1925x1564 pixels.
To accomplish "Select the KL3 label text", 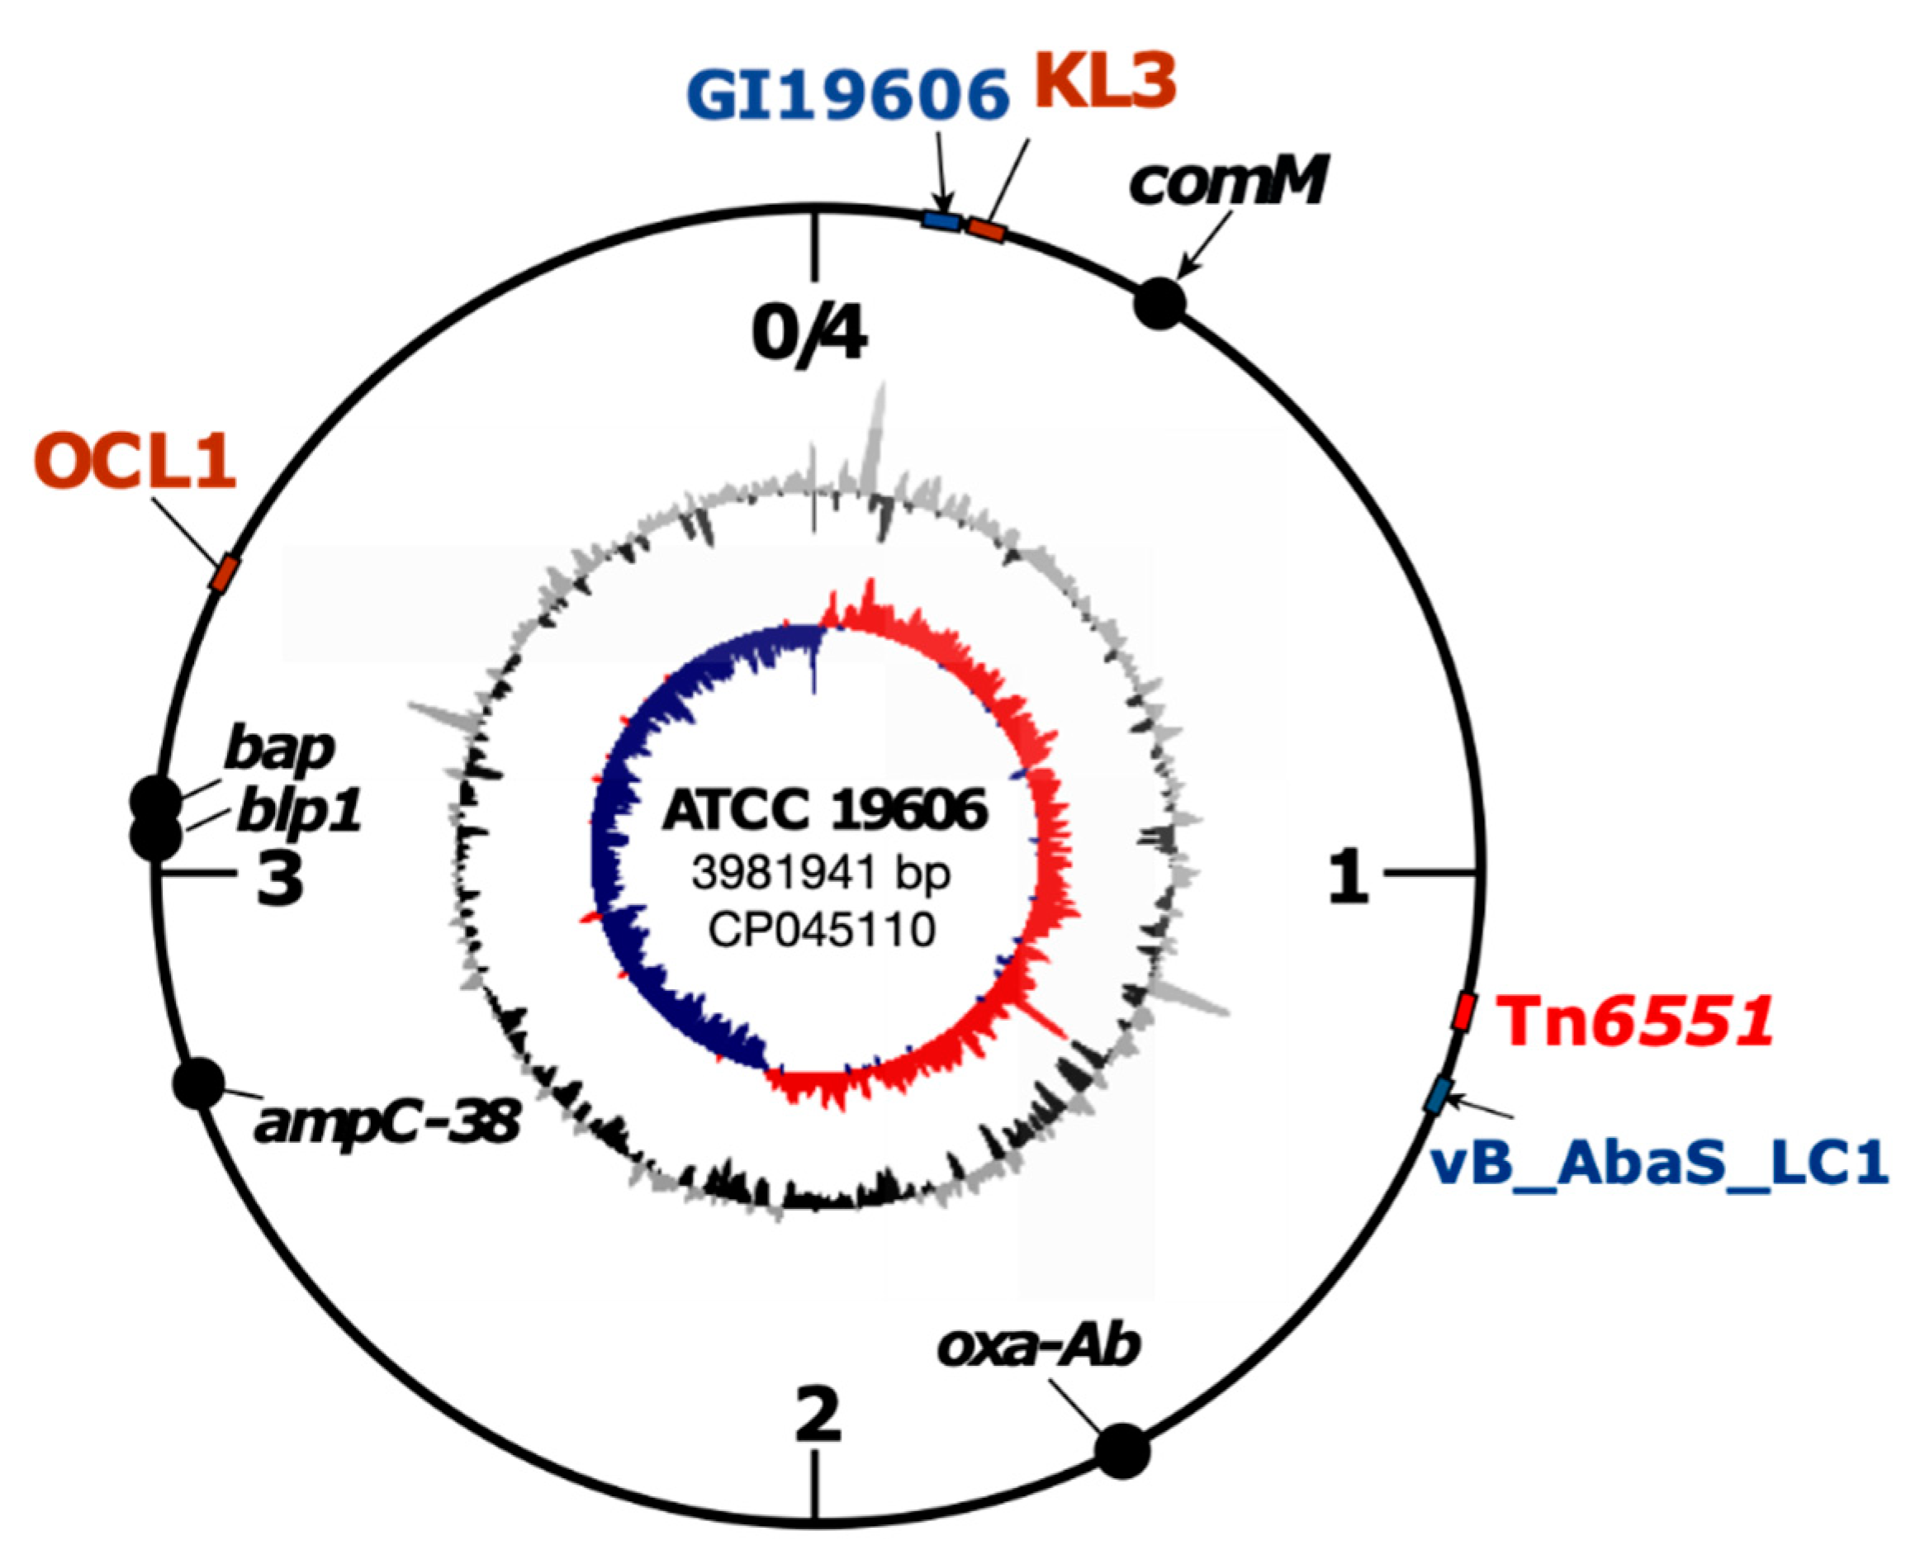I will tap(1104, 81).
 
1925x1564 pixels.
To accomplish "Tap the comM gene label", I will tap(1227, 180).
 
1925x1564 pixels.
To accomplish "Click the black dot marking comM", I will tap(1159, 304).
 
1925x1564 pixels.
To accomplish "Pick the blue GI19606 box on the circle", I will tap(941, 220).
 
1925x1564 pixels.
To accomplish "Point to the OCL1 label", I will tap(135, 462).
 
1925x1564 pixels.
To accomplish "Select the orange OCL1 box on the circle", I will tap(225, 574).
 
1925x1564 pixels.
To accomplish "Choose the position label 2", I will tap(818, 1415).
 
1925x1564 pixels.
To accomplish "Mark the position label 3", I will tap(279, 879).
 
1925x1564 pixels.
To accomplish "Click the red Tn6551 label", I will tap(1634, 1021).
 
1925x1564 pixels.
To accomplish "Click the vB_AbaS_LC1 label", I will tap(1658, 1164).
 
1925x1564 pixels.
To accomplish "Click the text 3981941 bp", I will tap(821, 872).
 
